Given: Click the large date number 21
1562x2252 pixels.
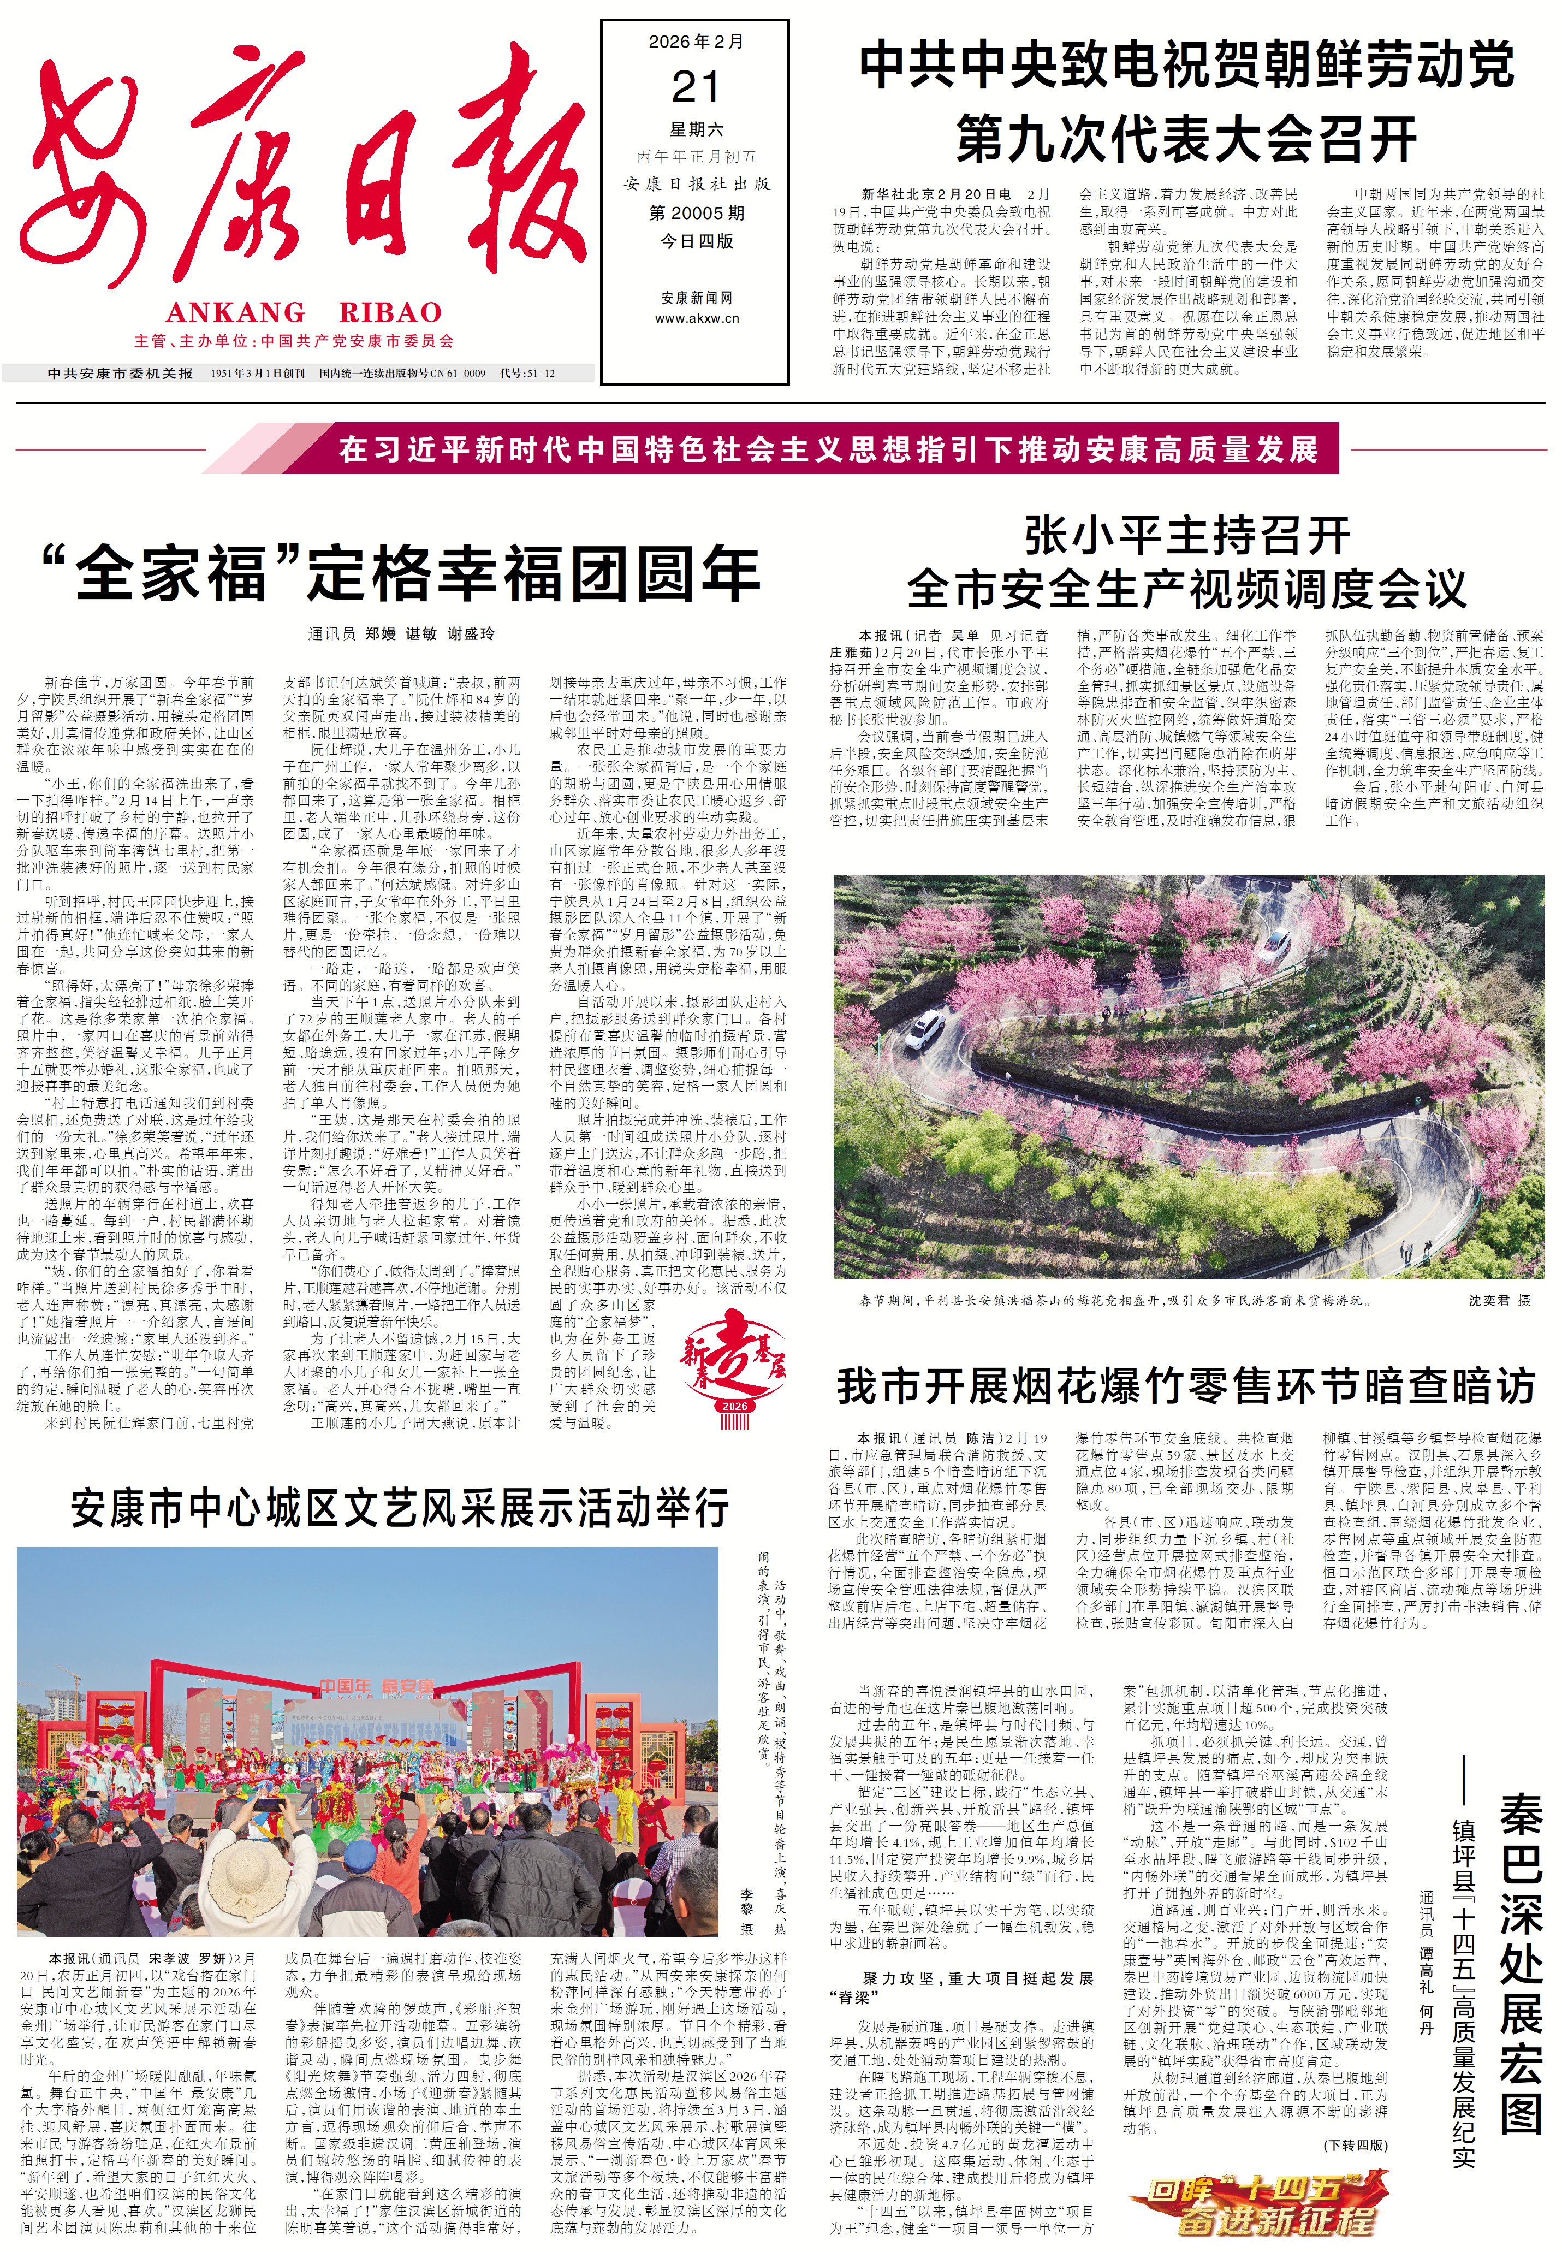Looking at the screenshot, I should click(696, 87).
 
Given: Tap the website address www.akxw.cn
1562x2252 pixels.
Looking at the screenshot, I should click(696, 318).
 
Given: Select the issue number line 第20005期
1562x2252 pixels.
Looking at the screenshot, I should click(696, 212).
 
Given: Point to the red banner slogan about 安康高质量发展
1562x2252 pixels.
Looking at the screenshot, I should click(828, 449).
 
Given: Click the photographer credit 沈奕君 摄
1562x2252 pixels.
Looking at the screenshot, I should click(1498, 1301).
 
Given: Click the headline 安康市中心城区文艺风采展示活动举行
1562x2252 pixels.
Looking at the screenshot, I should click(399, 1508).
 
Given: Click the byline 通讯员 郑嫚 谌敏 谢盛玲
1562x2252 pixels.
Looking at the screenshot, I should click(401, 634).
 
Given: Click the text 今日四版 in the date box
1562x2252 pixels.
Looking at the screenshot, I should click(696, 241).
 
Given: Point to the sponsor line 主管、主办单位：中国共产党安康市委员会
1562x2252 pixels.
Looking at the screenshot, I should click(295, 342).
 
